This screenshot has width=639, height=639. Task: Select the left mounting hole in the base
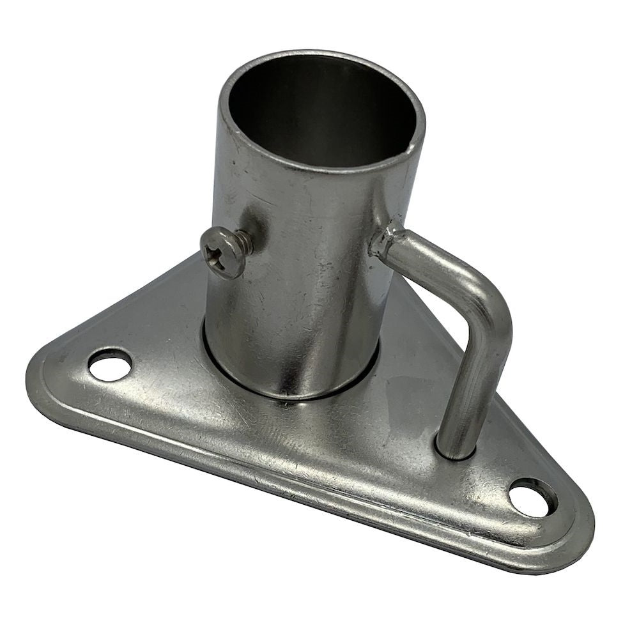(x=110, y=365)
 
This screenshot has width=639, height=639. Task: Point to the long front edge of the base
(x=288, y=486)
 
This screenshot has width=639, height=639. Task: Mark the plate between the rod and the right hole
(x=492, y=473)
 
